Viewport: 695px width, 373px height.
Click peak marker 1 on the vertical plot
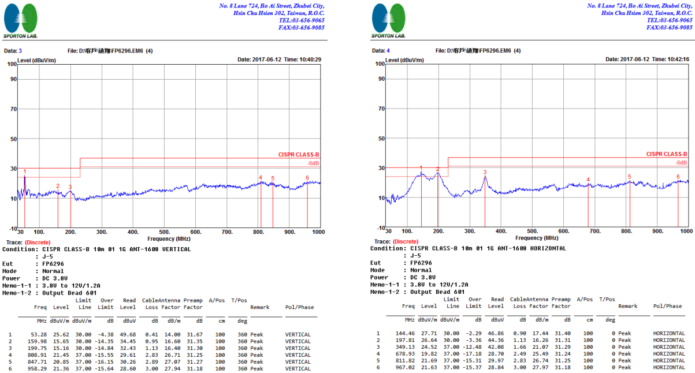(25, 171)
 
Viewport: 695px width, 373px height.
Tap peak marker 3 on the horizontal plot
(485, 172)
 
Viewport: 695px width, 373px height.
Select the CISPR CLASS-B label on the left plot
(299, 155)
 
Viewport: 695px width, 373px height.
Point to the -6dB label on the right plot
(681, 163)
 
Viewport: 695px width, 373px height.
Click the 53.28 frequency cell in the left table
(39, 334)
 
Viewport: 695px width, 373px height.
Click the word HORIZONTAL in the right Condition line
(543, 248)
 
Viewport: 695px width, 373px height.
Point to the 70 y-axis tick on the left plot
(12, 109)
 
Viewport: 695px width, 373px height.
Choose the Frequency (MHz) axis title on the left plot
(169, 238)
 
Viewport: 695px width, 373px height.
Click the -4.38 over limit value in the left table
(106, 334)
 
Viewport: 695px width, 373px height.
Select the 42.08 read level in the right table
(497, 346)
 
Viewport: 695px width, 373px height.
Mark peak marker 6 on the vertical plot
(307, 178)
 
